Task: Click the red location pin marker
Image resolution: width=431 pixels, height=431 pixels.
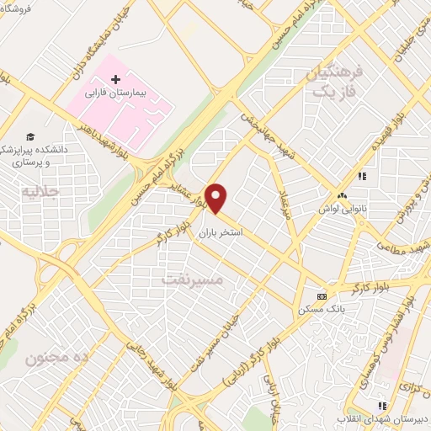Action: (217, 199)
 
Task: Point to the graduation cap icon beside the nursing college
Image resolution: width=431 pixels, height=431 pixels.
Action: (31, 136)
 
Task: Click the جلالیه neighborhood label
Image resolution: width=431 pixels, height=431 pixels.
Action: (29, 189)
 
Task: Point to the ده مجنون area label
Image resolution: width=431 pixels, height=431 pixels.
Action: (57, 358)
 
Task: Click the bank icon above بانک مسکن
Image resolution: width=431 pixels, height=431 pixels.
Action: (321, 297)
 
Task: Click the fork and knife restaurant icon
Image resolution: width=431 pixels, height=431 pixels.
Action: (363, 176)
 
